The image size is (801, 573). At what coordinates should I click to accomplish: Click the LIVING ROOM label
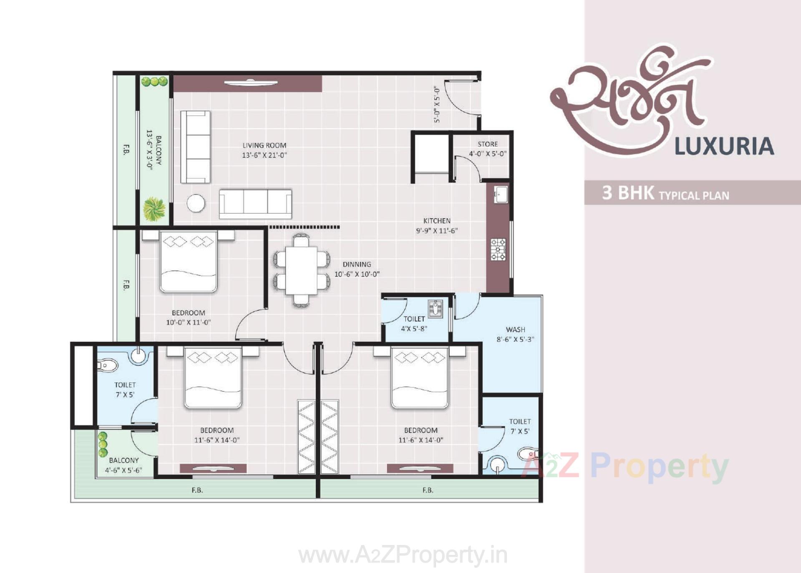click(x=264, y=145)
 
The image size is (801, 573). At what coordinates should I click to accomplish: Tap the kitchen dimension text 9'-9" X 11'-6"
click(x=436, y=230)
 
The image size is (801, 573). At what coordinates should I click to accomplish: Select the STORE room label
click(x=487, y=144)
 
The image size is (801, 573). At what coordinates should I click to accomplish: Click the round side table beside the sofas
click(x=196, y=204)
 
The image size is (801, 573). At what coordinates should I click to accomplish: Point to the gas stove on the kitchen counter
click(x=498, y=249)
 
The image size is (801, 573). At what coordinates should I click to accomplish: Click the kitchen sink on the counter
click(x=501, y=194)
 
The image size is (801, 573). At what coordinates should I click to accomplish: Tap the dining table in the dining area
click(x=301, y=270)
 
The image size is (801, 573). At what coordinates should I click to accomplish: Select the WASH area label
click(x=515, y=329)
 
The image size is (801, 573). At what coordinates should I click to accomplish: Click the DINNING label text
click(x=357, y=264)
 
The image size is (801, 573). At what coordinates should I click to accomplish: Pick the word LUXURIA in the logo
click(x=724, y=146)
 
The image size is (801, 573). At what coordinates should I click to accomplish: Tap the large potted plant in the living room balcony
click(x=154, y=209)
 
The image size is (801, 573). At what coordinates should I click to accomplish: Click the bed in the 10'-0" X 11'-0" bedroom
click(x=189, y=262)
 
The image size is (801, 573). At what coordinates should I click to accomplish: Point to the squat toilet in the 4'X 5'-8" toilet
click(x=436, y=309)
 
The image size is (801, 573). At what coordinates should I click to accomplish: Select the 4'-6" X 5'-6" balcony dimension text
click(x=123, y=470)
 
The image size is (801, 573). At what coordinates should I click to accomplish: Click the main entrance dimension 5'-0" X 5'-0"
click(x=437, y=104)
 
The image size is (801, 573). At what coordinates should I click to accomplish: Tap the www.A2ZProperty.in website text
click(x=403, y=555)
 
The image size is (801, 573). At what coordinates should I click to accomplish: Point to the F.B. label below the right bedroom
click(x=428, y=490)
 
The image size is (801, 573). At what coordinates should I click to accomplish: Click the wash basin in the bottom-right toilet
click(x=496, y=464)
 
